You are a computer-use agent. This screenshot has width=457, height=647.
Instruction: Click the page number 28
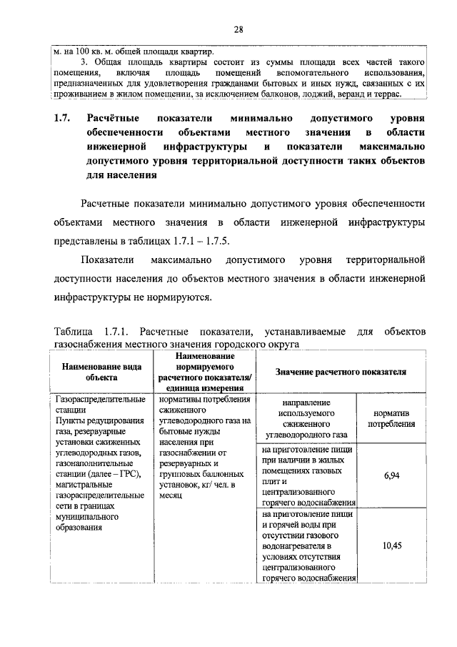coord(238,29)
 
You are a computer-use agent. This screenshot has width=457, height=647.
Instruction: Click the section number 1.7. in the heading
coord(63,117)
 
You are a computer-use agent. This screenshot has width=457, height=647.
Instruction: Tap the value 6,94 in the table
coord(391,475)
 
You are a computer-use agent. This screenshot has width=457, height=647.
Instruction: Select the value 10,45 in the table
coord(391,545)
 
